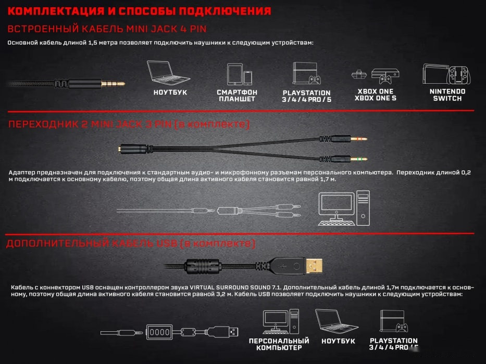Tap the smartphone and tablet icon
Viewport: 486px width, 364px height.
(239, 75)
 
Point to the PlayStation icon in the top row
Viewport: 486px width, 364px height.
(306, 73)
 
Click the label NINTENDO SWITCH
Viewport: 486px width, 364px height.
(447, 95)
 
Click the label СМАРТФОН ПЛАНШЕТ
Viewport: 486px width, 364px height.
(237, 96)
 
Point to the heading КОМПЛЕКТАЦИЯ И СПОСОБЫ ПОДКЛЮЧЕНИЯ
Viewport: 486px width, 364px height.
(140, 11)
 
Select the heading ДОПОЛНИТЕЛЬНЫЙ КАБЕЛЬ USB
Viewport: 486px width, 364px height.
(130, 243)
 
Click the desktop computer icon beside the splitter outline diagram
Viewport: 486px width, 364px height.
(343, 208)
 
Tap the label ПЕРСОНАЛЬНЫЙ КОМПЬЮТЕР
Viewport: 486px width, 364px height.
(279, 344)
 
